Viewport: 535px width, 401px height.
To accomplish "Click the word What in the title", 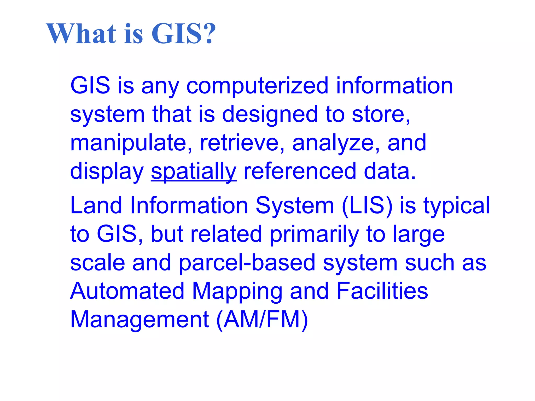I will [81, 34].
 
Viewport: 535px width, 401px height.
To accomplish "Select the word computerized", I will [257, 86].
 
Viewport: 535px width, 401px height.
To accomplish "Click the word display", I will [107, 172].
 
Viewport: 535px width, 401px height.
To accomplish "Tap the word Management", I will [139, 320].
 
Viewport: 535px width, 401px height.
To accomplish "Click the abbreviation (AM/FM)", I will [262, 320].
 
